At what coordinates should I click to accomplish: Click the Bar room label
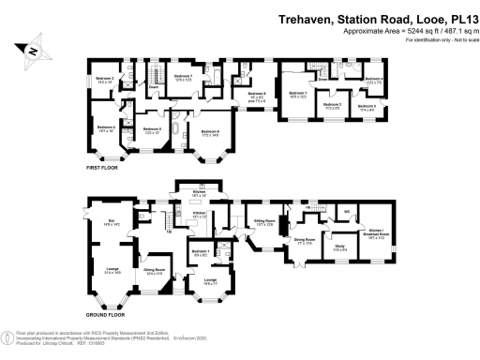110,221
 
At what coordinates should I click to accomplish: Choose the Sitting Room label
262,222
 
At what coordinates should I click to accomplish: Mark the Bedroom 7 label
184,75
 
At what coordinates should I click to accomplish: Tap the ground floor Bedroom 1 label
201,250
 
